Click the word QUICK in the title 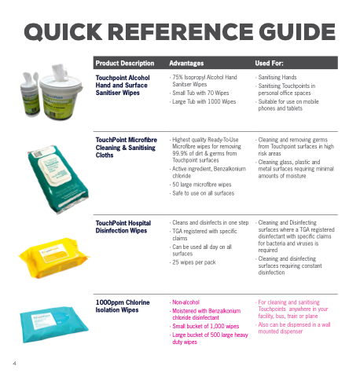(x=63, y=32)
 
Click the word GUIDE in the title (x=297, y=32)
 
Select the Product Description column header (x=125, y=63)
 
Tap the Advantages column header (x=186, y=63)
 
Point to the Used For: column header (x=269, y=63)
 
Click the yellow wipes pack (x=54, y=258)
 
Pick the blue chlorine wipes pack (x=54, y=324)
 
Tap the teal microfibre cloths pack (x=58, y=179)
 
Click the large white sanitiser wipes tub (x=61, y=92)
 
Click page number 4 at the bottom (x=14, y=363)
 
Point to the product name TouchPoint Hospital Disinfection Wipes (x=123, y=227)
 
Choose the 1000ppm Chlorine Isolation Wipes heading (x=123, y=306)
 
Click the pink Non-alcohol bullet (x=186, y=302)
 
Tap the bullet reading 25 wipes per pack (x=194, y=262)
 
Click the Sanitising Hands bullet (x=277, y=77)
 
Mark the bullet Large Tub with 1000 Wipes (x=204, y=101)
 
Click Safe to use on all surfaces (x=203, y=193)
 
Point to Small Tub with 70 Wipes (x=200, y=93)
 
